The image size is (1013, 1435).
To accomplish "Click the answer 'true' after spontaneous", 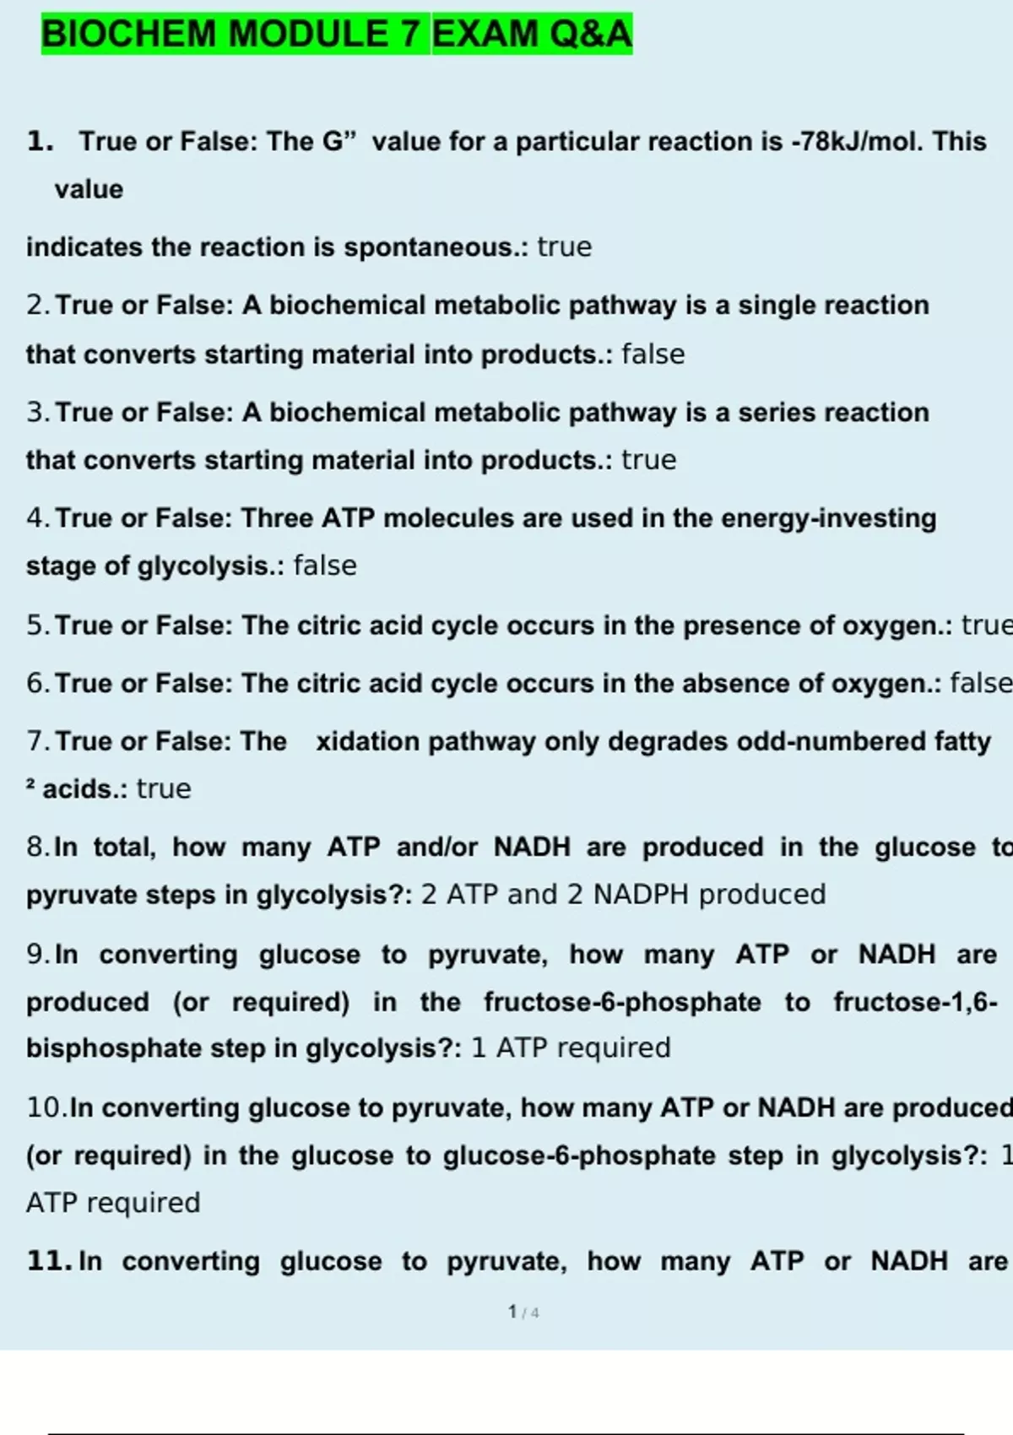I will (565, 247).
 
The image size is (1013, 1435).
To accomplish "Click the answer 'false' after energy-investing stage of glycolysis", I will (325, 566).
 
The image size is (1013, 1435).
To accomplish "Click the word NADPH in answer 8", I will (641, 895).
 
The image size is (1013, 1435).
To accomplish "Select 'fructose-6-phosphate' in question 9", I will (622, 1002).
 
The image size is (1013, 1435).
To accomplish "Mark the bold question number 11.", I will (49, 1261).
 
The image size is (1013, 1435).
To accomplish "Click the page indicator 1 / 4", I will (523, 1312).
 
